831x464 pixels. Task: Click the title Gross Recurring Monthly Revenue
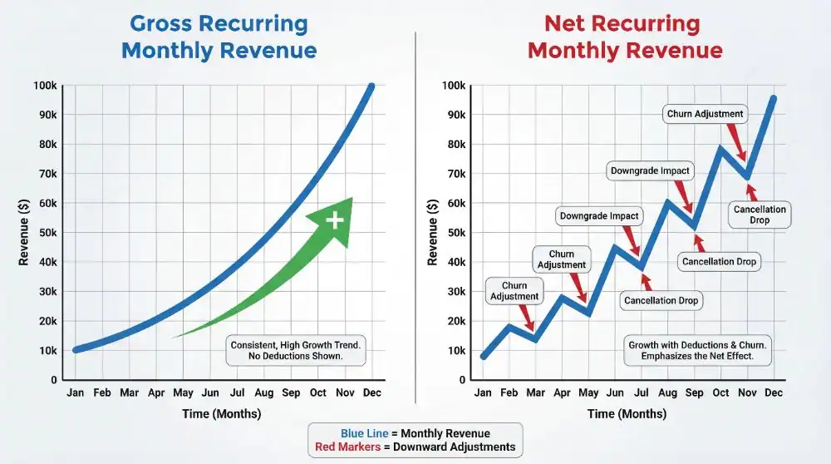[219, 37]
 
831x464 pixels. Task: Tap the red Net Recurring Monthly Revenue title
[625, 37]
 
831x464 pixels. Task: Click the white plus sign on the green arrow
[335, 220]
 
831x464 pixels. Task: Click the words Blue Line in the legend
[363, 433]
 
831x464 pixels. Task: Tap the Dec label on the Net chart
[774, 392]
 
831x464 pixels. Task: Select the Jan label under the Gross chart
[76, 392]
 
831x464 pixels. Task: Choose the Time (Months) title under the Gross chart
[223, 413]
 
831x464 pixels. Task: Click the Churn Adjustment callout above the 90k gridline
[705, 114]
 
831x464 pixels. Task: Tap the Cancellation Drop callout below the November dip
[760, 215]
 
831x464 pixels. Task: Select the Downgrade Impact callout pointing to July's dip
[598, 216]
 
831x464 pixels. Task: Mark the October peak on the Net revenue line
[720, 149]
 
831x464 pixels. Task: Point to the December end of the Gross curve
[371, 86]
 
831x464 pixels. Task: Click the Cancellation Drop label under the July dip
[661, 300]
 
